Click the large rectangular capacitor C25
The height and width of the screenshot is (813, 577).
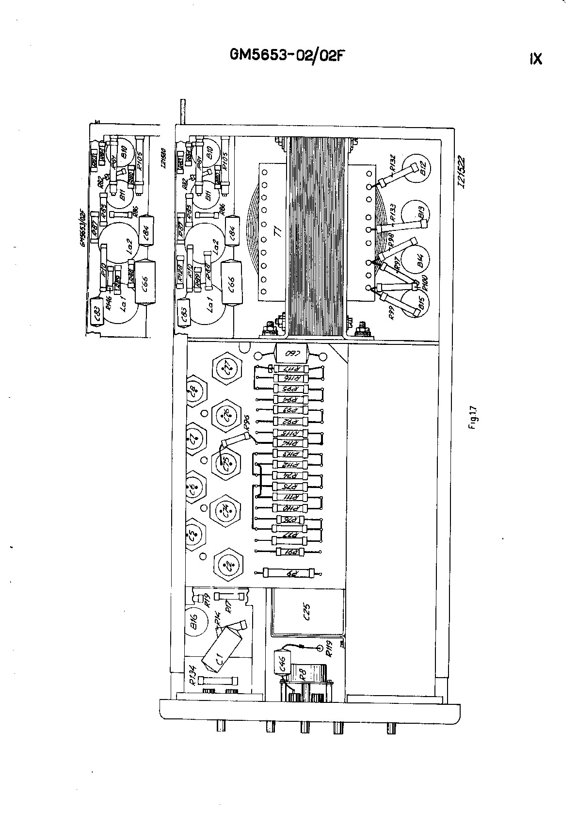(307, 612)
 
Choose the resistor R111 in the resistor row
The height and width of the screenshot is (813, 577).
(289, 497)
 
